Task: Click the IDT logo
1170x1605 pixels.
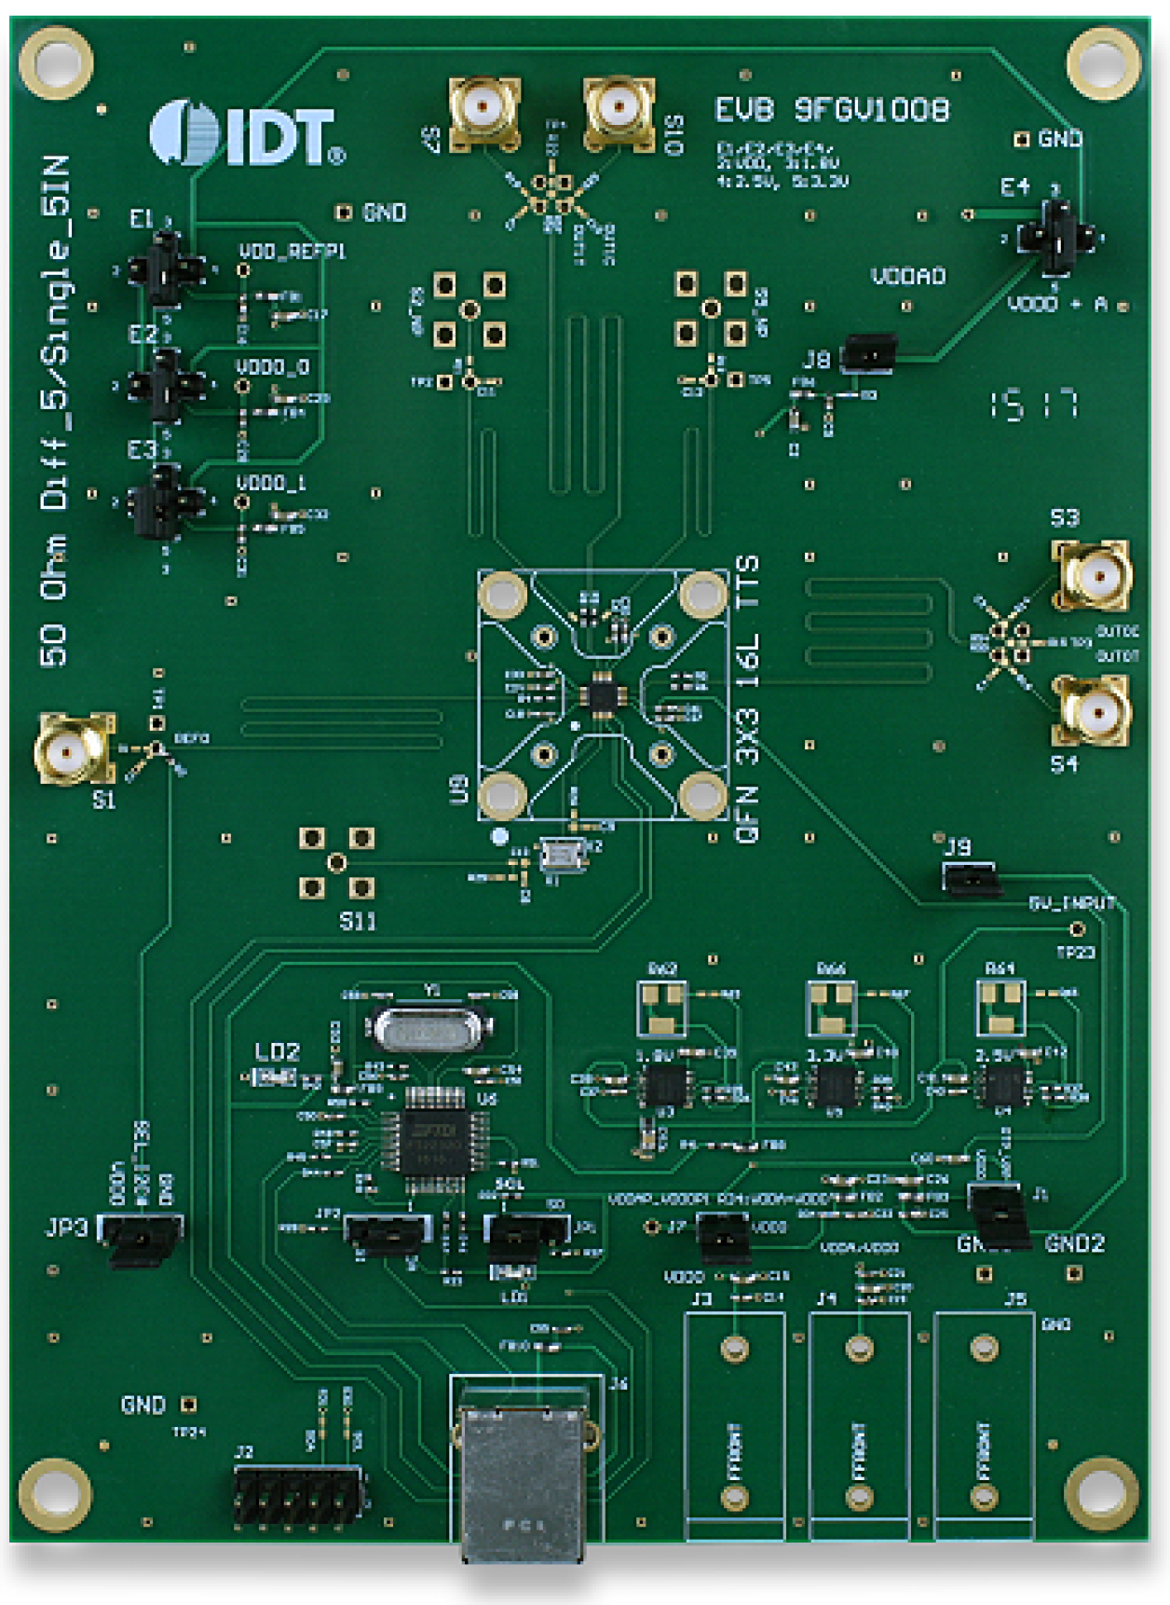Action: coord(246,135)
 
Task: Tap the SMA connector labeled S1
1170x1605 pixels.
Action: coord(73,748)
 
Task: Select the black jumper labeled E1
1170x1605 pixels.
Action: coord(166,269)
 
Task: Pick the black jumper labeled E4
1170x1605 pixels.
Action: coord(1054,237)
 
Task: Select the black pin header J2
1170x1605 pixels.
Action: coord(297,1495)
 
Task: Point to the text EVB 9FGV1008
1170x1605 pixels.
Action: coord(832,111)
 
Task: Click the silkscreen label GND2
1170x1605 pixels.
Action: coord(1074,1243)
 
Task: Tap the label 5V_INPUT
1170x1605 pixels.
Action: coord(1071,903)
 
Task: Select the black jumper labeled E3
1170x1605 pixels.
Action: coord(166,501)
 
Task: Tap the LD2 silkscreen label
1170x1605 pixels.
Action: coord(277,1052)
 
